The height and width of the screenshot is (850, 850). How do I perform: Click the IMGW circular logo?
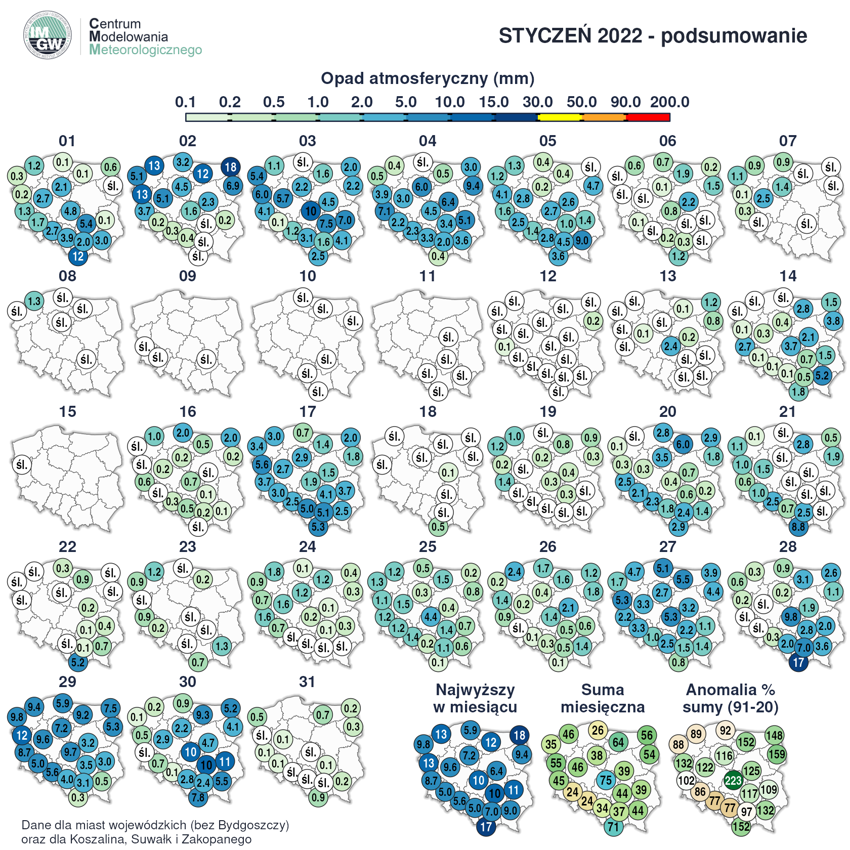click(x=47, y=35)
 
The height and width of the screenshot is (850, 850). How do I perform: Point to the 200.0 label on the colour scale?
click(x=669, y=102)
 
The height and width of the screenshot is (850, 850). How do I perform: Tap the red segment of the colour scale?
click(x=648, y=117)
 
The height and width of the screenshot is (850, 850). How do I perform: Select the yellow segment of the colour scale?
click(x=560, y=117)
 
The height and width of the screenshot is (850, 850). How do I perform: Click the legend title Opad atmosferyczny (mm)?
click(x=428, y=78)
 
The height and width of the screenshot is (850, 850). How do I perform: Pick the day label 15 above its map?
click(x=67, y=411)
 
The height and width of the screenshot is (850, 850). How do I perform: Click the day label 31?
click(x=307, y=682)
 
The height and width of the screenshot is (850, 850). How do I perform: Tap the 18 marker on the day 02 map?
click(x=230, y=167)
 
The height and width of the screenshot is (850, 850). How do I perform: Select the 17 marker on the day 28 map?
click(x=798, y=662)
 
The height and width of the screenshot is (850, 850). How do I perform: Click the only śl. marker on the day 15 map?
click(x=22, y=464)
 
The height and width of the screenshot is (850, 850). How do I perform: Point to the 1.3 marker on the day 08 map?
click(x=34, y=301)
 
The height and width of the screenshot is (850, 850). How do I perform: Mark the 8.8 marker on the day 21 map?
click(x=798, y=527)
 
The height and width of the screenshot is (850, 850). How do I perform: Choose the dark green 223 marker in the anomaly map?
click(x=733, y=780)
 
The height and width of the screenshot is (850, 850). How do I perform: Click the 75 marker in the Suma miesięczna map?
click(x=606, y=780)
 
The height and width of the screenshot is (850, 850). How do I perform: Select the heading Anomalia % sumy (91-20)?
click(x=730, y=698)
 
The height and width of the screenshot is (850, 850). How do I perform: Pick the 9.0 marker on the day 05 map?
click(x=582, y=240)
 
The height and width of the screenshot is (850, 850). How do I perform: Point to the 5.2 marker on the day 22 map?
click(x=78, y=662)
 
